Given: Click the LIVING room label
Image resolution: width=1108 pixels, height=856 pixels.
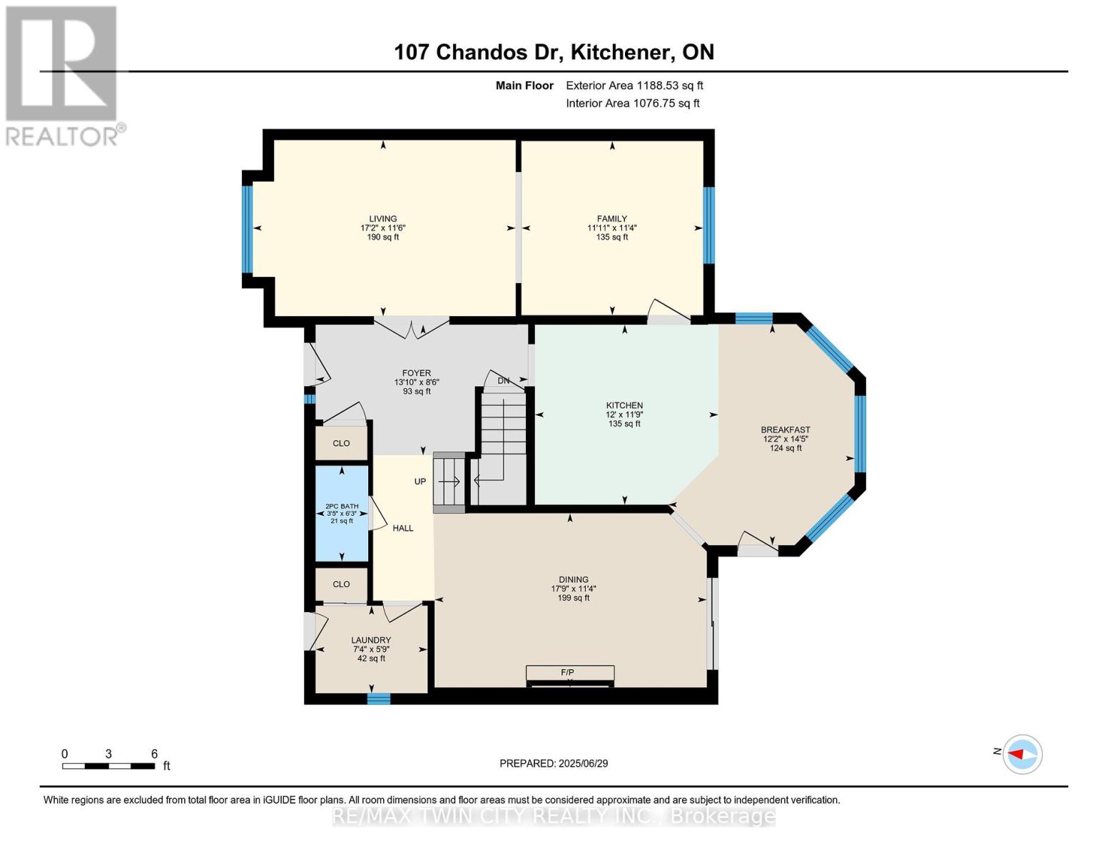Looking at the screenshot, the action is coord(383,219).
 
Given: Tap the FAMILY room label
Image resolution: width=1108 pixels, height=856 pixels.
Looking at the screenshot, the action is coord(612,219).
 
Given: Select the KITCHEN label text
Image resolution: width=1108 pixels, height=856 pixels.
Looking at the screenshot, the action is coord(624,406).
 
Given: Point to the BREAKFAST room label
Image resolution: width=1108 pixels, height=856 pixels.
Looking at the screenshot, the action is coord(786,430).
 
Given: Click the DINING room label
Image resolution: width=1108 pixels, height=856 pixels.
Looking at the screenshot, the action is coord(574,579).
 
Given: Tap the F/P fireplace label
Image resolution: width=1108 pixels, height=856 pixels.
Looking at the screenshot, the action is coord(567,672).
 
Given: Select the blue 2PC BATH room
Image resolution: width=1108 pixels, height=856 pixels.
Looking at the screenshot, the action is coord(342,513).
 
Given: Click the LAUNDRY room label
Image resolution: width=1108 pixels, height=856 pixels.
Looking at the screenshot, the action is coord(371,640).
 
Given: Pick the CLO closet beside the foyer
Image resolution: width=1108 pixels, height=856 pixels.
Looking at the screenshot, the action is coord(341,443).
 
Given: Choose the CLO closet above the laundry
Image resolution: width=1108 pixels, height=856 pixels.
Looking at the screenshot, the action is coord(341,584).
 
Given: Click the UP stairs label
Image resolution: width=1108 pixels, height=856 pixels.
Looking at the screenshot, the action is coord(420,481).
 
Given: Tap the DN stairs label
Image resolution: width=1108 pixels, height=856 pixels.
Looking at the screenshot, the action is coord(503,381).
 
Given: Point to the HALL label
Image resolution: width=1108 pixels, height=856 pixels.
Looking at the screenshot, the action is coord(403,528).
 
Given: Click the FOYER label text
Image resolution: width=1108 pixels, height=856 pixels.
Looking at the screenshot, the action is coord(417,373).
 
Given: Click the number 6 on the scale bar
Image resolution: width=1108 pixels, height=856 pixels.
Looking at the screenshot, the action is coord(155,753).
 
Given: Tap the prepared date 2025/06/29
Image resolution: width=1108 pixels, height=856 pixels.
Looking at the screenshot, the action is coord(584,763).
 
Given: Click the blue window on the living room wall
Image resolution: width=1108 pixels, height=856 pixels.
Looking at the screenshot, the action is coord(248,230).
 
